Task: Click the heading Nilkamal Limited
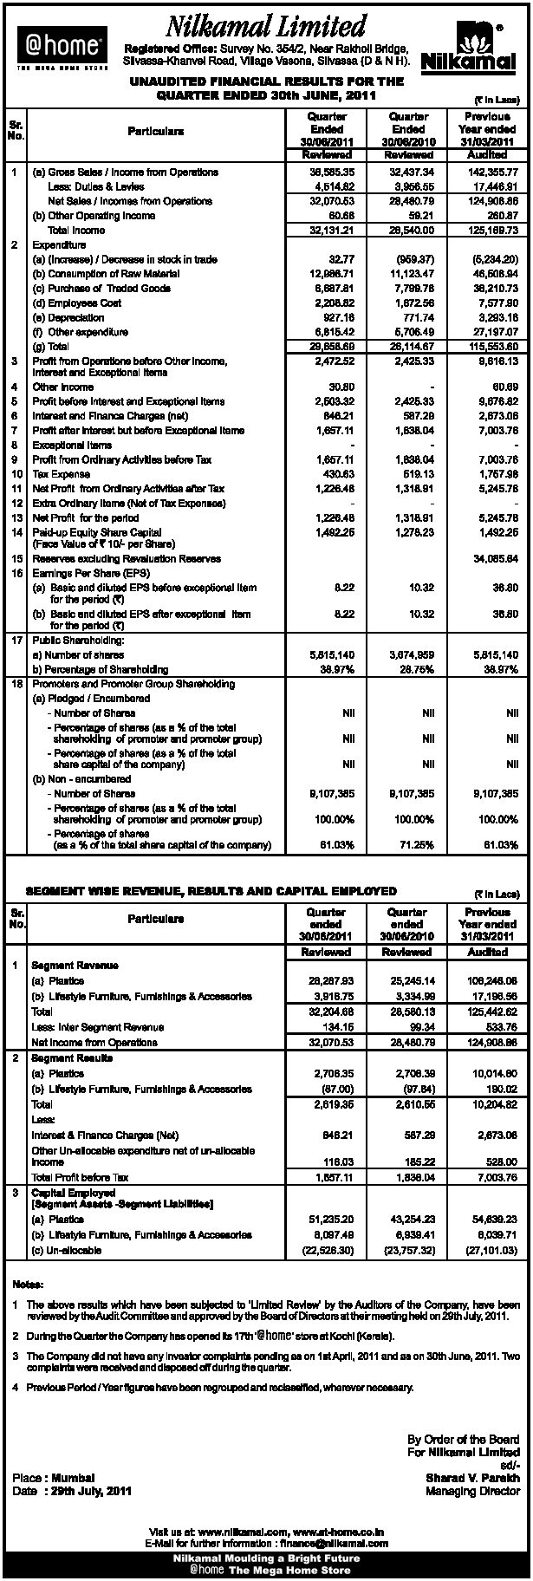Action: click(267, 26)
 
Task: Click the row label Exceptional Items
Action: click(69, 445)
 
